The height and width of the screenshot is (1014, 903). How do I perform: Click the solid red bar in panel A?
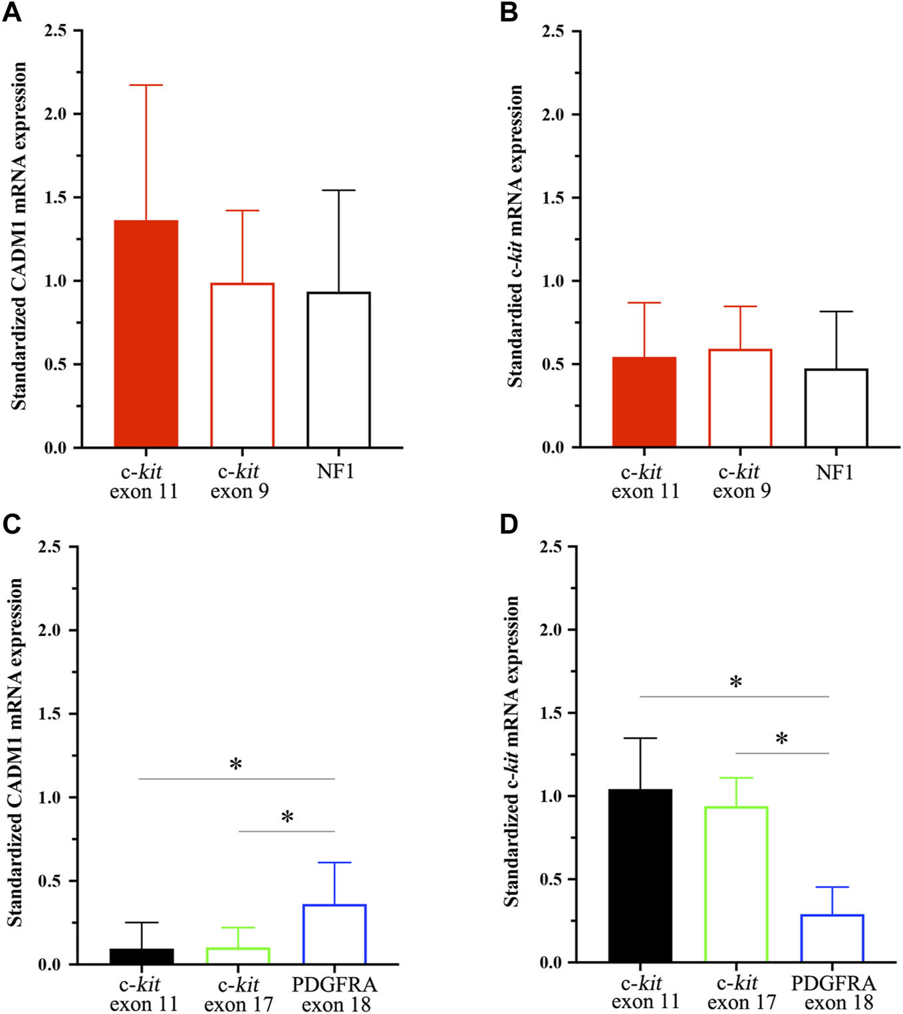146,334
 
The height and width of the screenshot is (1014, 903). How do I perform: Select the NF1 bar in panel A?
338,369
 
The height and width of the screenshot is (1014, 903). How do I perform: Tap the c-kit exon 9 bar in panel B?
740,398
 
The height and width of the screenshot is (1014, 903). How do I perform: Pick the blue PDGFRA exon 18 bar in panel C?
334,934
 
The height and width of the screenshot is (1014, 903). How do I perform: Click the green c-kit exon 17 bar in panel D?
737,884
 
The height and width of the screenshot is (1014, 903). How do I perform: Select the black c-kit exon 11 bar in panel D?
640,876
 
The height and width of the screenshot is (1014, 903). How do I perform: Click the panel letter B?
509,12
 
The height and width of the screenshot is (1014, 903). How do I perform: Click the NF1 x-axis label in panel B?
835,472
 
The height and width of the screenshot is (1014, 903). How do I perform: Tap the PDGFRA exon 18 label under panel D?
834,993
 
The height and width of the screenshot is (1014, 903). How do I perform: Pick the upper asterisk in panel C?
235,765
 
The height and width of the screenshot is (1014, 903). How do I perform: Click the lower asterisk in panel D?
782,739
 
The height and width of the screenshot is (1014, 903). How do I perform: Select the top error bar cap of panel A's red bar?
146,85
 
